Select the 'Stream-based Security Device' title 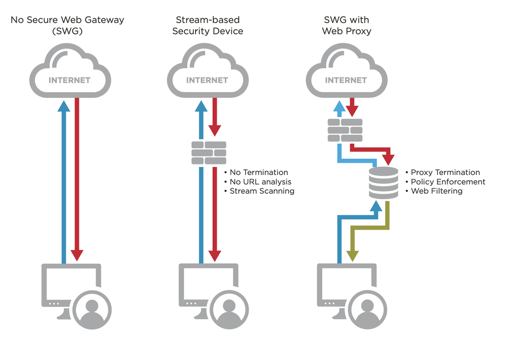tap(208, 25)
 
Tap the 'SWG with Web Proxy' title tap(347, 25)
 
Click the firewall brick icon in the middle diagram tap(209, 152)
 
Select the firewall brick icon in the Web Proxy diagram tap(345, 130)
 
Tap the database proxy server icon tap(383, 183)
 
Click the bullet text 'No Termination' tap(259, 172)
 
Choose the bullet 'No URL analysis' tap(260, 182)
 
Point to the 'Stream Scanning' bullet tap(262, 191)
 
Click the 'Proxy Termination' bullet tap(445, 172)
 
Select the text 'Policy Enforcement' tap(448, 182)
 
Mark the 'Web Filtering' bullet tap(436, 191)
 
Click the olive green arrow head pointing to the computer tap(353, 256)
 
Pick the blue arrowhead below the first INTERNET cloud tap(63, 106)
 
